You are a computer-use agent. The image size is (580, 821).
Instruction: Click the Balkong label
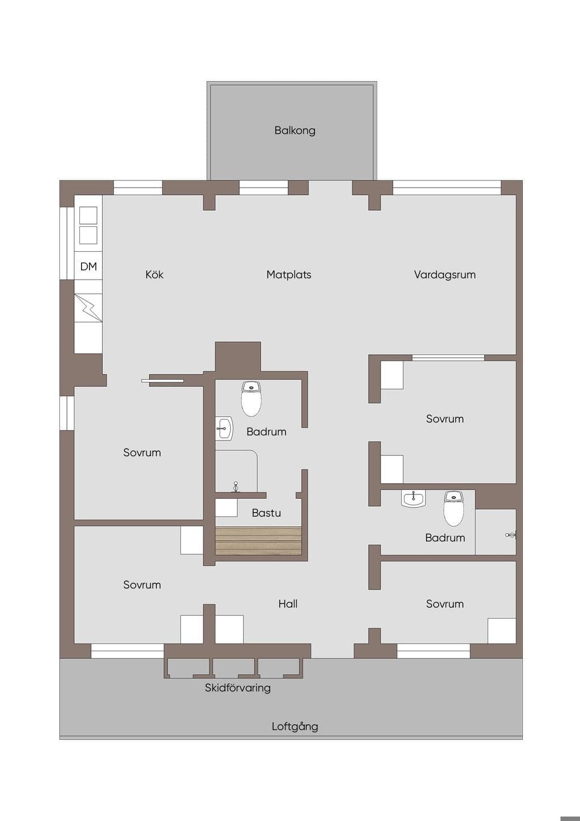click(295, 130)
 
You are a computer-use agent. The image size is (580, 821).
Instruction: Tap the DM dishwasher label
click(88, 266)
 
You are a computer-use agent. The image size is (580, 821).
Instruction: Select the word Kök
click(154, 274)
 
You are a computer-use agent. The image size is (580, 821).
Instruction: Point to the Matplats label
click(289, 274)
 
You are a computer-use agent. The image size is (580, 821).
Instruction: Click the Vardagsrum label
click(445, 275)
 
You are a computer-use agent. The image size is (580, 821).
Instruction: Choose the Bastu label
click(266, 513)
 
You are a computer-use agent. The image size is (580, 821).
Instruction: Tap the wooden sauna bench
click(258, 540)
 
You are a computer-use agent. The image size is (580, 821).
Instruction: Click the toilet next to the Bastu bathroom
click(251, 399)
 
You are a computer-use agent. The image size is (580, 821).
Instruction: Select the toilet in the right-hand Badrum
click(454, 509)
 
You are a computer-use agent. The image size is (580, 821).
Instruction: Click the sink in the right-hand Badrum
click(414, 499)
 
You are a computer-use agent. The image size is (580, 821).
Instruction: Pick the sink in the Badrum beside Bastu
click(224, 428)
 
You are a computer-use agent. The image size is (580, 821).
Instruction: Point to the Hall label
click(288, 604)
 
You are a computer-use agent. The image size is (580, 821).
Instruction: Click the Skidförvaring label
click(238, 688)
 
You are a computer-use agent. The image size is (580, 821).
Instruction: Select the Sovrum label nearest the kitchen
click(142, 452)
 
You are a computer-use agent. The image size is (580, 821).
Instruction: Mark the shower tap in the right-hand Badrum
click(511, 535)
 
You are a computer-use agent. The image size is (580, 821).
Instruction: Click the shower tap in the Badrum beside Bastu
click(236, 486)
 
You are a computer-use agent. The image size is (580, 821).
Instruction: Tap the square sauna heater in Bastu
click(227, 508)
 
